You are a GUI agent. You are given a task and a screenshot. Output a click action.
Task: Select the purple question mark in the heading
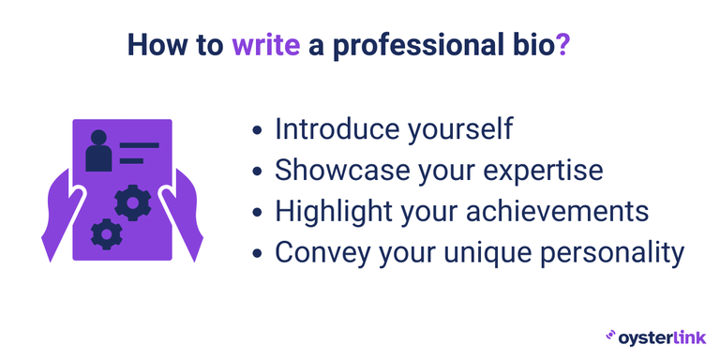click(x=562, y=45)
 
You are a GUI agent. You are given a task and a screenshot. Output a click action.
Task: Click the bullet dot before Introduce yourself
click(x=258, y=130)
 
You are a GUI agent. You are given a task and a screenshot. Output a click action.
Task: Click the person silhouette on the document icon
click(x=98, y=151)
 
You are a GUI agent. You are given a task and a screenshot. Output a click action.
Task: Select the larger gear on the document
click(x=132, y=202)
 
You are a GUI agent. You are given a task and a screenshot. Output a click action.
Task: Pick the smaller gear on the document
click(x=106, y=232)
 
